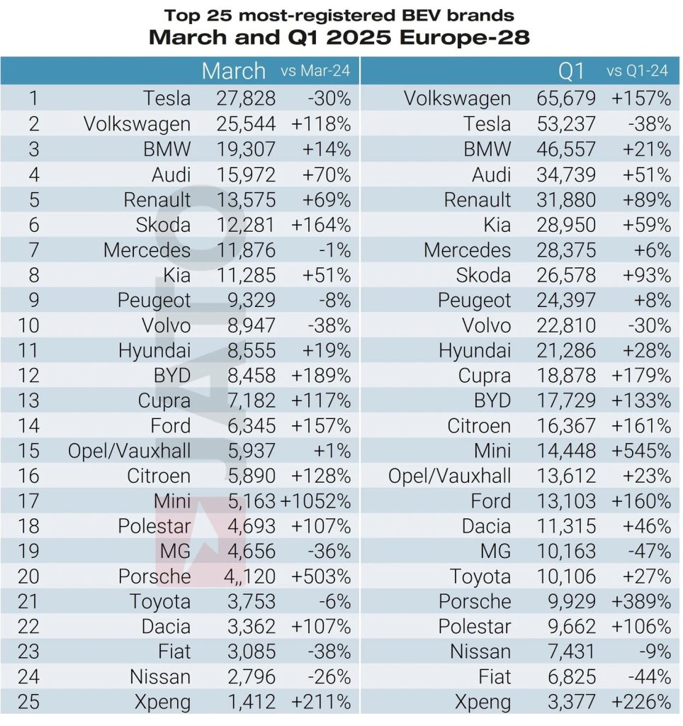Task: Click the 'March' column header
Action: pos(233,71)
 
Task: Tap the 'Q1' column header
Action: pos(570,71)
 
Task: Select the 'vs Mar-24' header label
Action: pos(315,71)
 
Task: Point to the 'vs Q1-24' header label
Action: pos(637,71)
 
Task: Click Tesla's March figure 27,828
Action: pos(245,99)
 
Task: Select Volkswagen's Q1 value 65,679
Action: pos(566,99)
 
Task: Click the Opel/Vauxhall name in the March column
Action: pos(129,451)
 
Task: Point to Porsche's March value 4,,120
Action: pos(245,576)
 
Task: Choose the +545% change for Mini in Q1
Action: pos(640,451)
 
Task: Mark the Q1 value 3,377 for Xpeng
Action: pos(566,703)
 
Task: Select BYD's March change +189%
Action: pos(321,375)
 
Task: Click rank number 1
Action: pos(33,99)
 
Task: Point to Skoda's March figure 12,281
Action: pos(245,225)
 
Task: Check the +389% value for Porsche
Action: pos(640,602)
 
